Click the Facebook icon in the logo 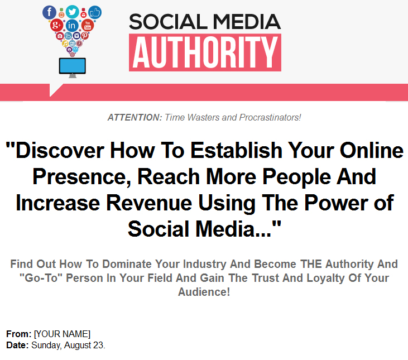[49, 12]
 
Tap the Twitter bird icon [72, 12]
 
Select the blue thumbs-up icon [95, 12]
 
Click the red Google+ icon [56, 25]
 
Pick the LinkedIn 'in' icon [72, 26]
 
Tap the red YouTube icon [88, 25]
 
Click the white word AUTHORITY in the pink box [205, 52]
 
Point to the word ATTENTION [135, 118]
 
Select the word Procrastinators [270, 118]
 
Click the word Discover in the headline [55, 150]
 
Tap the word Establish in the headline [236, 150]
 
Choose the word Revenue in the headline [149, 203]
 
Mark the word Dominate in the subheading [127, 264]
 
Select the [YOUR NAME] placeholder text [62, 334]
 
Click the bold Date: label [17, 345]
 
